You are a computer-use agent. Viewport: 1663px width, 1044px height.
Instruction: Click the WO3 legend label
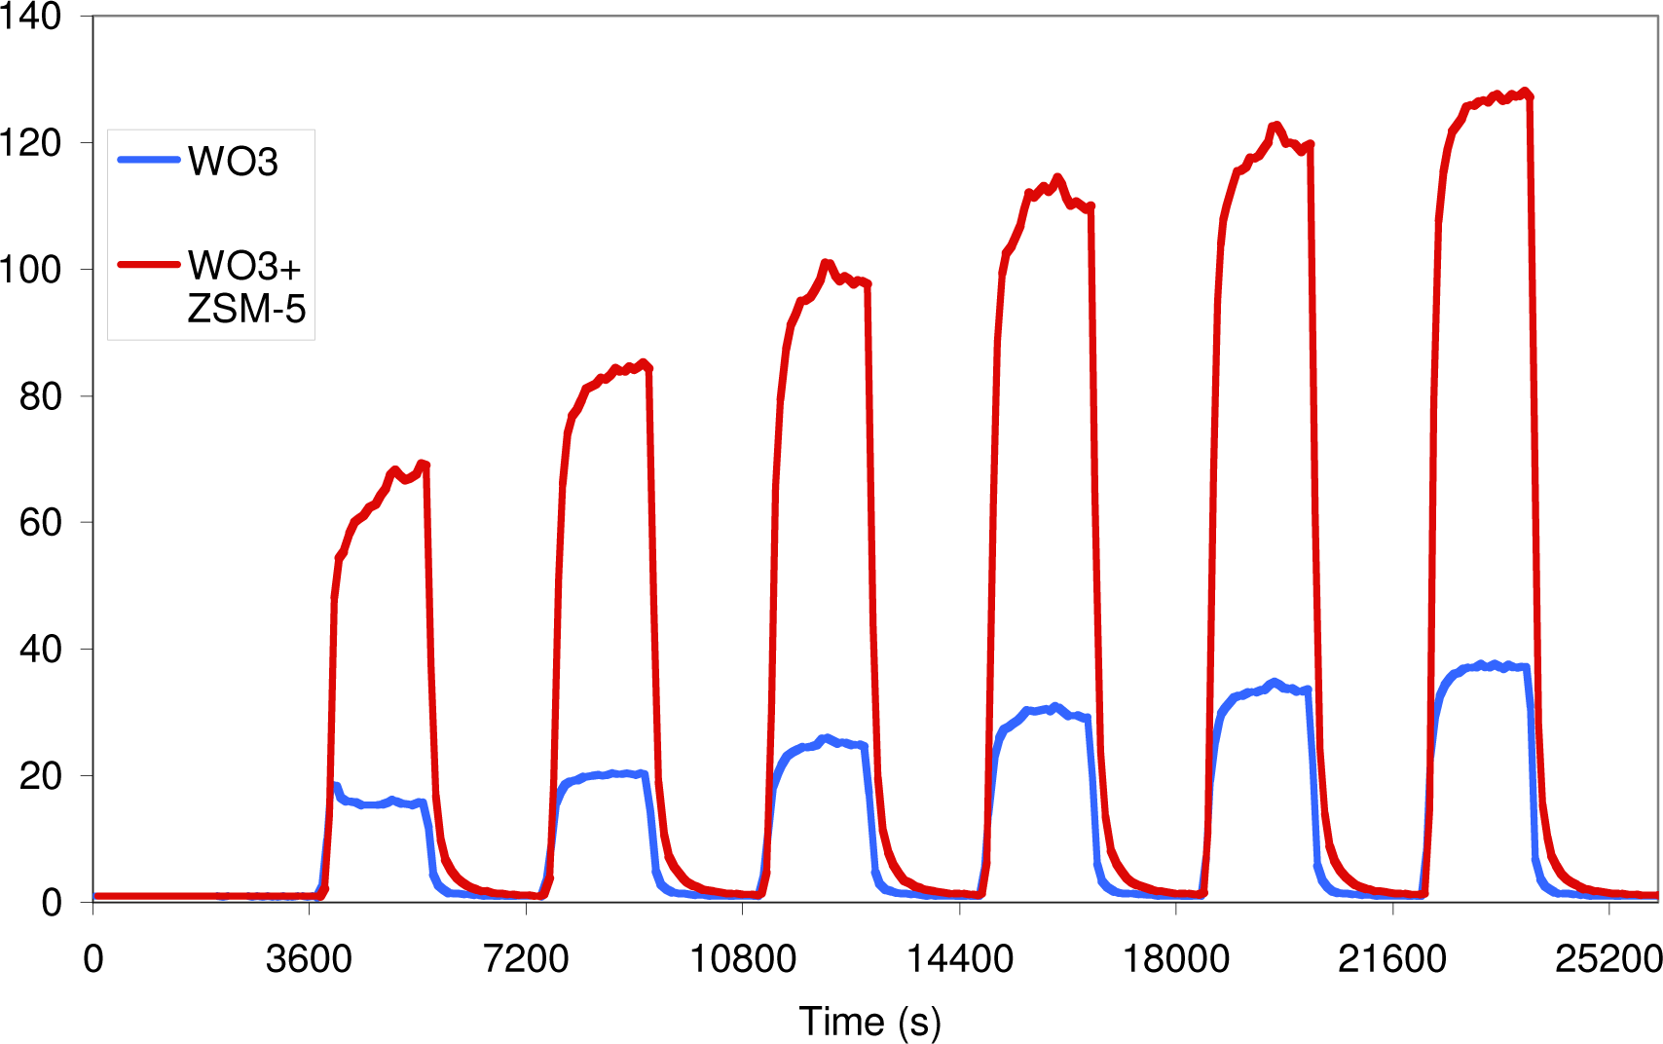(x=234, y=161)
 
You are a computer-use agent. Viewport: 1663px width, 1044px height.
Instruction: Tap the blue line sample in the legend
(x=148, y=160)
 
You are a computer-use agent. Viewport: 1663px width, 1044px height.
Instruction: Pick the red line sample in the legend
(x=148, y=264)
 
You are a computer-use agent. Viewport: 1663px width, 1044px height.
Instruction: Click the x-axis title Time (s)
(x=869, y=1022)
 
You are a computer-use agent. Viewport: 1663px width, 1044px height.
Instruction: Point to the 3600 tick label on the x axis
(x=309, y=959)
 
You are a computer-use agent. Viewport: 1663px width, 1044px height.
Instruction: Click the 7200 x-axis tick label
(x=526, y=959)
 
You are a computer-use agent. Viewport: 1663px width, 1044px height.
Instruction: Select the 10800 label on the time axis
(x=742, y=959)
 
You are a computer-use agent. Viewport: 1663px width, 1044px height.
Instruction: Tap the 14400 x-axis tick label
(x=959, y=959)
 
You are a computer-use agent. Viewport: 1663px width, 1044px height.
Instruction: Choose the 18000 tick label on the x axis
(x=1176, y=959)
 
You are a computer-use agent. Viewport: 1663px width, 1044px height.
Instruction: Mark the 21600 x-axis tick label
(x=1392, y=959)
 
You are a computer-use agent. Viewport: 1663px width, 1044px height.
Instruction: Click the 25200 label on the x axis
(x=1608, y=959)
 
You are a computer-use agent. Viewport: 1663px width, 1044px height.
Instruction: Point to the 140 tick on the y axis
(x=31, y=17)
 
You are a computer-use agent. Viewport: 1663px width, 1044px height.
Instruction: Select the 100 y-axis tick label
(x=31, y=270)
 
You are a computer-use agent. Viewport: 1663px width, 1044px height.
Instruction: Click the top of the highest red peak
(x=1524, y=92)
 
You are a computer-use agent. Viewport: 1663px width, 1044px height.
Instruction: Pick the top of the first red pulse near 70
(x=422, y=464)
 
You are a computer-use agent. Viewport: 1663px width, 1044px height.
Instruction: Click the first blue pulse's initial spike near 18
(x=336, y=786)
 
